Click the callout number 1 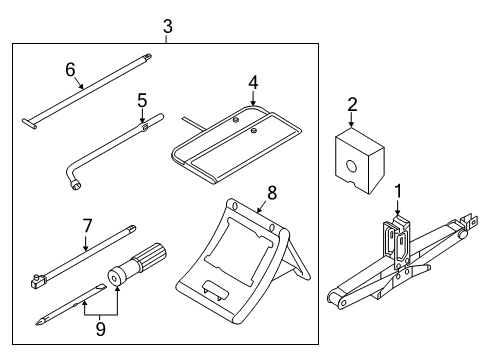click(x=399, y=189)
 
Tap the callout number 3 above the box click(x=167, y=26)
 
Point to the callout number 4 click(x=253, y=82)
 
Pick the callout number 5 click(x=142, y=100)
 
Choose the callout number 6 click(x=70, y=69)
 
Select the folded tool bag click(x=234, y=140)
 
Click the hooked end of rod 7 click(x=37, y=282)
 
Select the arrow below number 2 click(x=352, y=117)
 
